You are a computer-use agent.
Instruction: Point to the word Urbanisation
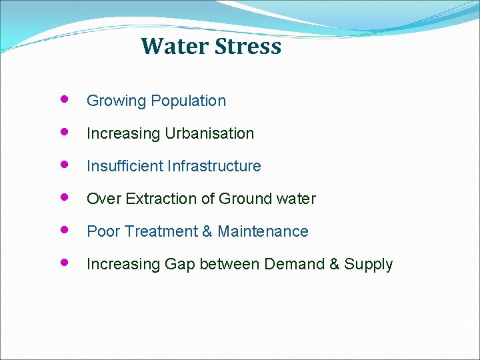click(x=209, y=133)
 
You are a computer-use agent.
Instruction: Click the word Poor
click(x=102, y=231)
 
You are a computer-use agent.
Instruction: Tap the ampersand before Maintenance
click(x=207, y=231)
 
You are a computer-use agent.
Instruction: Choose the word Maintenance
click(x=263, y=231)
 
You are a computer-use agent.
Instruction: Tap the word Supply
click(x=369, y=265)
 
